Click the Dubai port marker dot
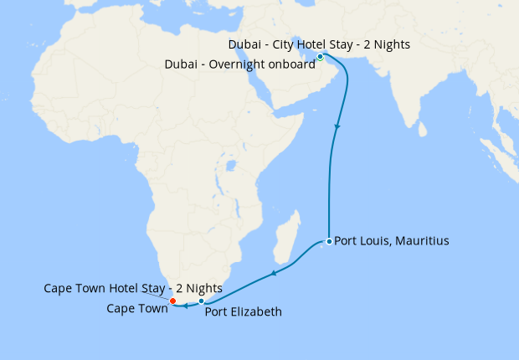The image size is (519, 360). point(320,56)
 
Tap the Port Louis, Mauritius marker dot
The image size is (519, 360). point(329,241)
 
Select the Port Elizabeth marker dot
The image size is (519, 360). point(202,301)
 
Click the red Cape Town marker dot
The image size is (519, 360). point(172,301)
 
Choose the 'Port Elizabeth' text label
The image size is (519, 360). point(243,313)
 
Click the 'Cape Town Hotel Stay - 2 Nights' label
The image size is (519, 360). point(133,289)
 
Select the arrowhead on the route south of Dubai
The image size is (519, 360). point(337,128)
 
